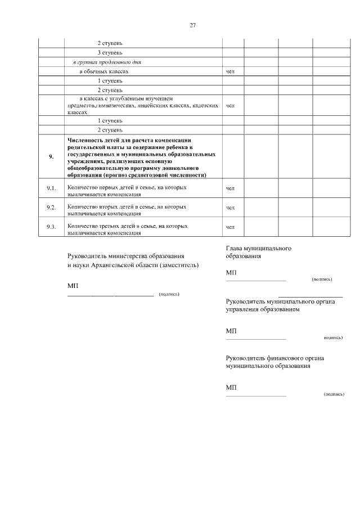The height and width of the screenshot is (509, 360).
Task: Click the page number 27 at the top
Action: point(192,25)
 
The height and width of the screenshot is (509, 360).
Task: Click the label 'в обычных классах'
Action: point(104,72)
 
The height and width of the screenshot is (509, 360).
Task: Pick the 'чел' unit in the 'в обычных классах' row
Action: point(229,72)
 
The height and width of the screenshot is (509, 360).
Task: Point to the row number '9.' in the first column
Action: point(51,156)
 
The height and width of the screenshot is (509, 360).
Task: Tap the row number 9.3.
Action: point(51,227)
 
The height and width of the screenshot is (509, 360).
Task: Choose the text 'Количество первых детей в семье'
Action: point(127,187)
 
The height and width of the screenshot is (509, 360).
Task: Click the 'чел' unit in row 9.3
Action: point(229,227)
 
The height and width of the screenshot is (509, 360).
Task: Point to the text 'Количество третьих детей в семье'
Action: point(127,226)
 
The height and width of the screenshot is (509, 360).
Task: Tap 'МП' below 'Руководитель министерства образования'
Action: point(72,286)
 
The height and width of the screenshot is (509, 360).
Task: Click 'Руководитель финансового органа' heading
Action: point(274,358)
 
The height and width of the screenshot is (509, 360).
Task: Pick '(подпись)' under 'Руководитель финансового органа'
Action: point(334,395)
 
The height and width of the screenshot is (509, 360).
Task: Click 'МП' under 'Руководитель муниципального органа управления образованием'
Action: point(231,331)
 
